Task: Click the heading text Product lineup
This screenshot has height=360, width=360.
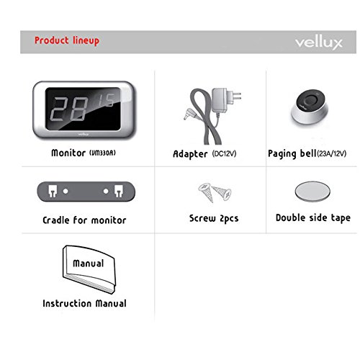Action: (x=66, y=40)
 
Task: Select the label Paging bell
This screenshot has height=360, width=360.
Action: (x=292, y=153)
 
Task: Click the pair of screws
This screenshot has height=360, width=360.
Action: (x=215, y=192)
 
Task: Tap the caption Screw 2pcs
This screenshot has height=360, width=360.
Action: (x=214, y=217)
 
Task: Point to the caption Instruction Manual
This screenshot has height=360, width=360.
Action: (x=84, y=304)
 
